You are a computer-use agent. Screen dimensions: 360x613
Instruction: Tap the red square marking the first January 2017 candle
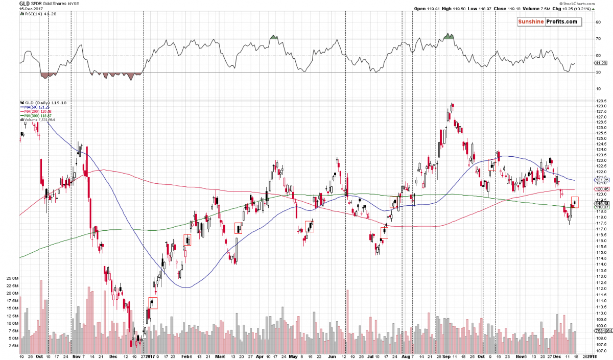tap(153, 303)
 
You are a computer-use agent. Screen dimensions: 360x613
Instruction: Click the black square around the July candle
tap(383, 233)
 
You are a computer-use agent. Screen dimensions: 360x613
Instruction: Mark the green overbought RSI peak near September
tap(449, 36)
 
